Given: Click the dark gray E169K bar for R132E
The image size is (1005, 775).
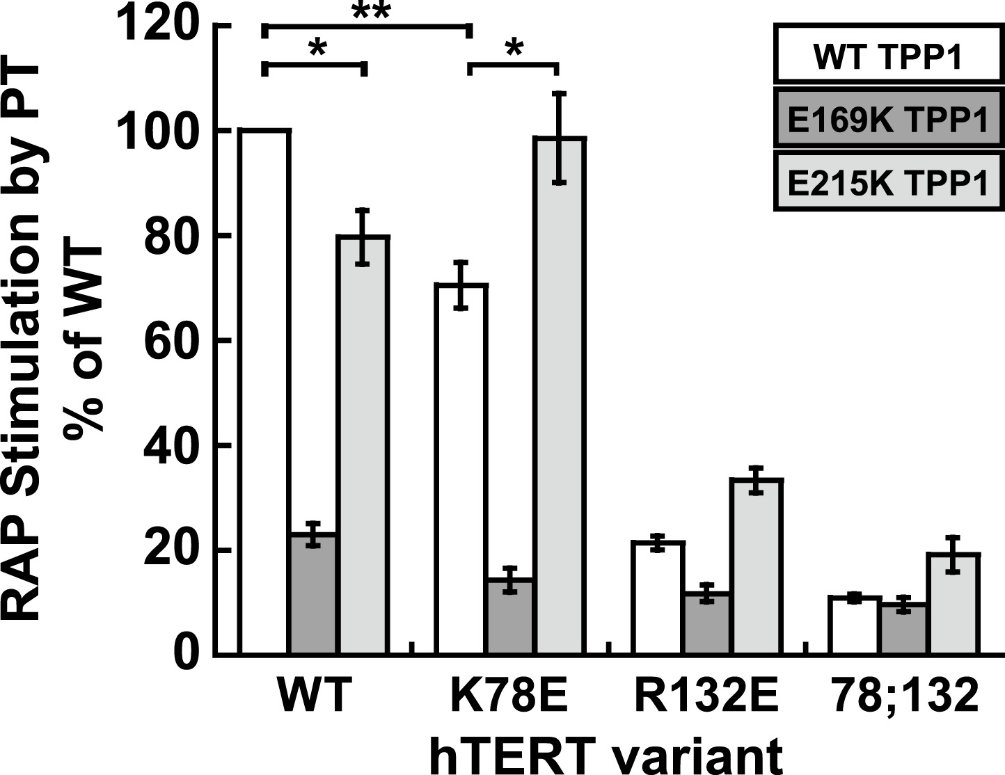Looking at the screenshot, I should pyautogui.click(x=706, y=623).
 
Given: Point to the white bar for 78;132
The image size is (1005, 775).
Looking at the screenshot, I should pyautogui.click(x=855, y=625).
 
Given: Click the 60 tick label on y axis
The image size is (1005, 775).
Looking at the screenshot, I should pyautogui.click(x=169, y=341).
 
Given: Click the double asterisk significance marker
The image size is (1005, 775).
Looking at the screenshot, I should pyautogui.click(x=372, y=12).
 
